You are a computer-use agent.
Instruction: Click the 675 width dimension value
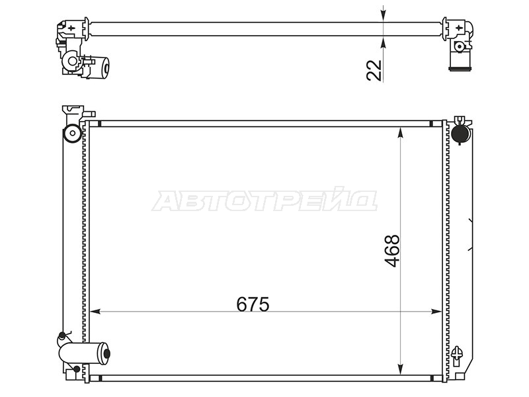253,304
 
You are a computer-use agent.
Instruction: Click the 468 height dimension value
392,251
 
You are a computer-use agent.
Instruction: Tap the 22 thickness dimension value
374,71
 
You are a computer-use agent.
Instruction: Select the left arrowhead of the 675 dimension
95,312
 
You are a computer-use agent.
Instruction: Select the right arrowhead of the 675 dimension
436,312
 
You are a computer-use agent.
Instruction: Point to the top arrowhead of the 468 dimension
401,132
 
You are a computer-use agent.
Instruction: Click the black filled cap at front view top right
460,134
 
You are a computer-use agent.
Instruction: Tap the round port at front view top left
72,133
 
